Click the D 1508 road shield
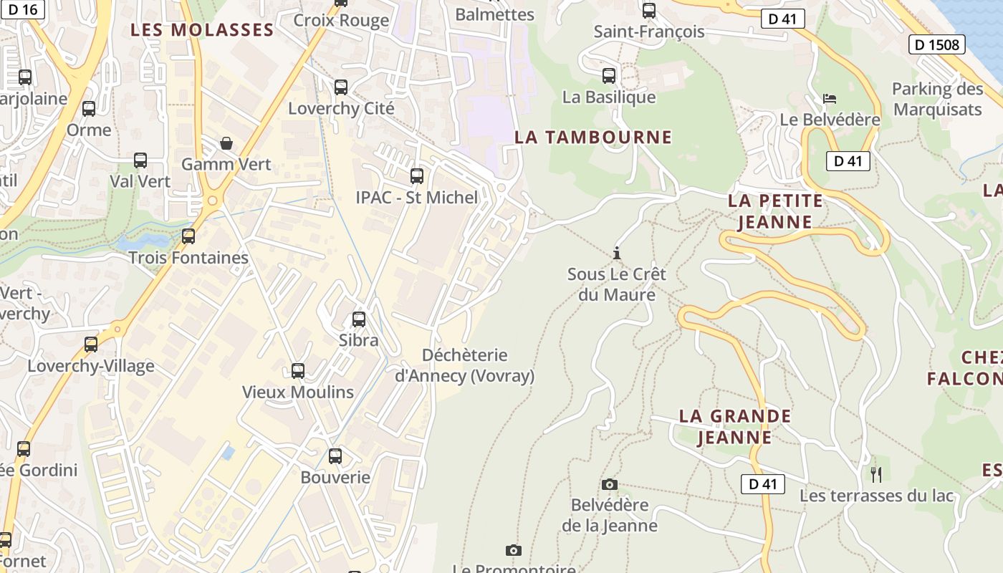936,44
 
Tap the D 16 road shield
22,9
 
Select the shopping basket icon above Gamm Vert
226,143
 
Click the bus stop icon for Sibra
359,319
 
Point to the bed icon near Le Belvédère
830,99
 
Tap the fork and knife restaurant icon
875,474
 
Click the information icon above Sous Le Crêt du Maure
617,253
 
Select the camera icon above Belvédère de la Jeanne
610,485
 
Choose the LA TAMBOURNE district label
593,137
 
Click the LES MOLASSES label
202,30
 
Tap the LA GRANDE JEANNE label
735,426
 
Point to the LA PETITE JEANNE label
775,211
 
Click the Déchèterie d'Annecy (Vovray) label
464,365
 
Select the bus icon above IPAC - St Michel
416,175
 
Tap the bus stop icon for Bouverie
335,456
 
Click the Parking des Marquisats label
937,99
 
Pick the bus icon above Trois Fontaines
188,236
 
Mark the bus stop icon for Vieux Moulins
298,371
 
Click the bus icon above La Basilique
609,75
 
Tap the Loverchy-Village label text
91,366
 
